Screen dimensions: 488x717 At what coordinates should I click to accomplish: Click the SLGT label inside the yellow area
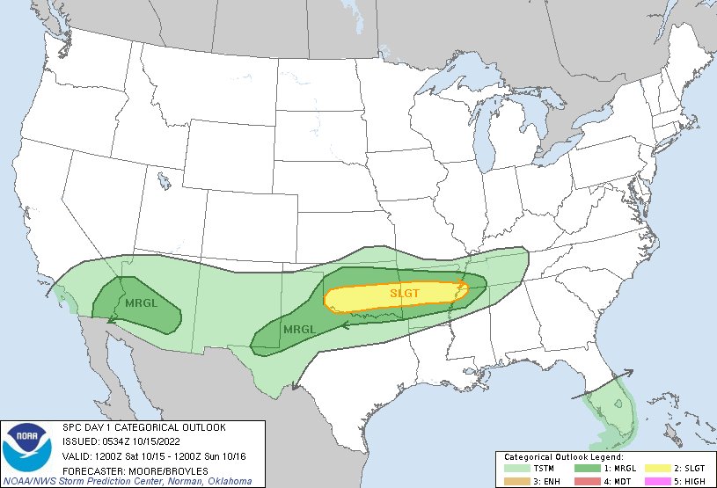tap(405, 292)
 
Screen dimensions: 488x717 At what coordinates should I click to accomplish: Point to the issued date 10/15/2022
tap(176, 442)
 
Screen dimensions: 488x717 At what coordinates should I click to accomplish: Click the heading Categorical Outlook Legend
tap(564, 457)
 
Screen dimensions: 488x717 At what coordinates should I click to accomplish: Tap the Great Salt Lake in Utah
tap(163, 183)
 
